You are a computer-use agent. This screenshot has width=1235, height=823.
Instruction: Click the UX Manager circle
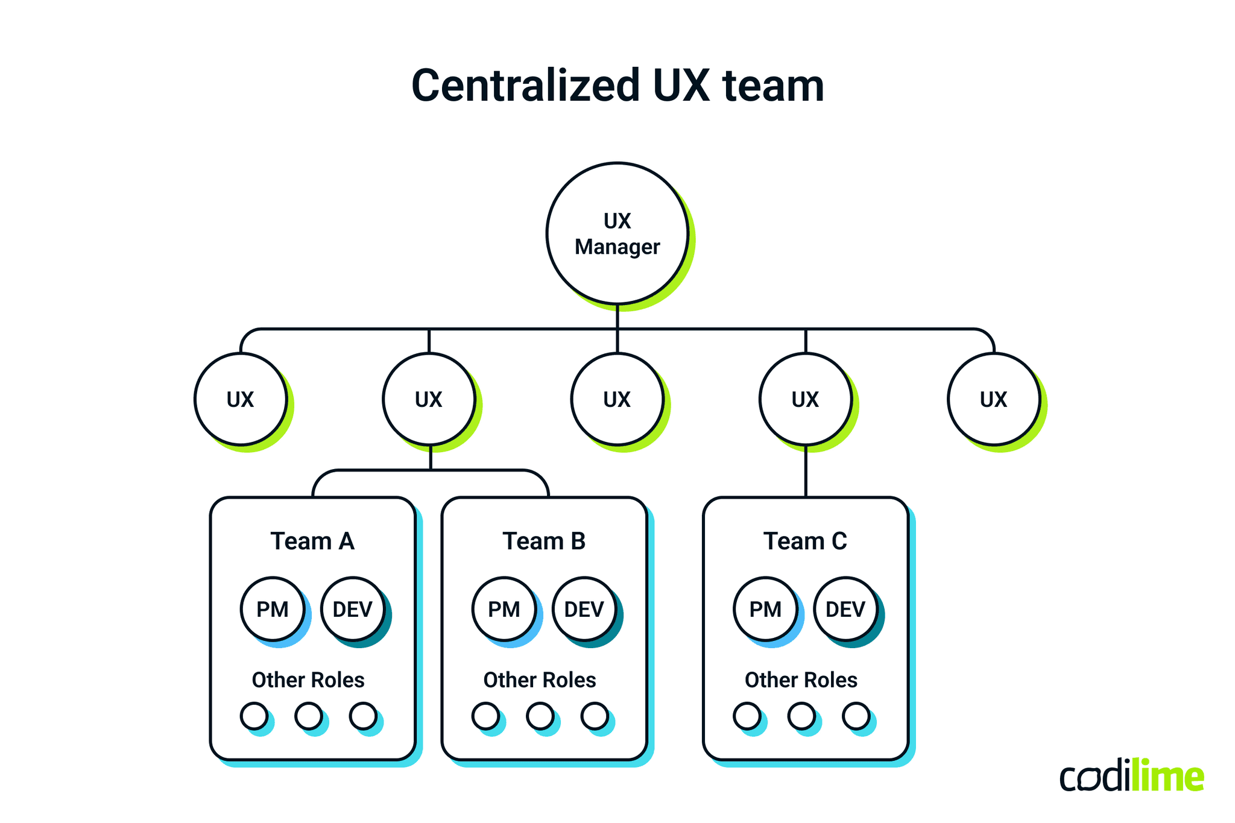click(617, 233)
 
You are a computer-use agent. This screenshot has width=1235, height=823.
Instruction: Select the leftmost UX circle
click(241, 399)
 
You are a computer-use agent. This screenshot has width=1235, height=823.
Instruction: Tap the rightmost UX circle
click(993, 399)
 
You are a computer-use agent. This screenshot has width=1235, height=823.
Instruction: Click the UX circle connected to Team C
click(805, 399)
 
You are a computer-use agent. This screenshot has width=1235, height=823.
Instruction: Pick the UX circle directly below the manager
click(617, 399)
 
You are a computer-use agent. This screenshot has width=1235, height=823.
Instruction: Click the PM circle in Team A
click(273, 609)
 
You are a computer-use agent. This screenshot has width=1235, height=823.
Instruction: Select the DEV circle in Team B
click(584, 609)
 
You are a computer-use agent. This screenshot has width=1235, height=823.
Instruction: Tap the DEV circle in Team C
click(845, 609)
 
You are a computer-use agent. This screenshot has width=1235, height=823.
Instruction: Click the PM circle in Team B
click(504, 609)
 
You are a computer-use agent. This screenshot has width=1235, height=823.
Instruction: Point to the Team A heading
click(312, 541)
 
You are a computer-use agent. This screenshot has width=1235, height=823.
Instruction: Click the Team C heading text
click(805, 541)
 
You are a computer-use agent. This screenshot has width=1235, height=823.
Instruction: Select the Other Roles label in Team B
click(540, 680)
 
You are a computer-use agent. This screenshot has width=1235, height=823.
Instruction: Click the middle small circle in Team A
click(309, 716)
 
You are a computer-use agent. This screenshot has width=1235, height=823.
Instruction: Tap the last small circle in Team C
click(856, 716)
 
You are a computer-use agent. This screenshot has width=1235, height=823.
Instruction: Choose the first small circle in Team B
click(485, 716)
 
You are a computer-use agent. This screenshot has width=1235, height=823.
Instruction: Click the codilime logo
click(1131, 777)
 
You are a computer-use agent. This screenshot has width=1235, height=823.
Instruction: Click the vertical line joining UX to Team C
click(806, 471)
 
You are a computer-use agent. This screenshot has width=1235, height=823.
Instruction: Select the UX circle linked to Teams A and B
click(429, 399)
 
